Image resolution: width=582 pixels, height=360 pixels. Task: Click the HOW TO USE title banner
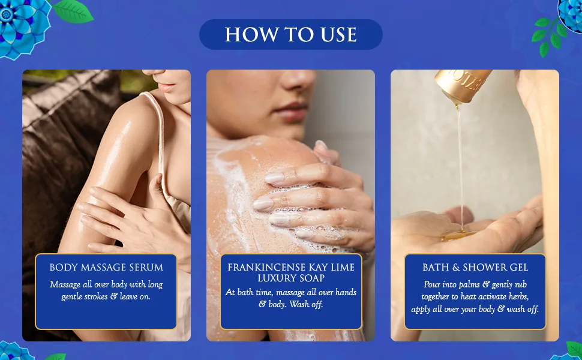point(290,35)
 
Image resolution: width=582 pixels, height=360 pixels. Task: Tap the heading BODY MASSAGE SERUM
point(106,267)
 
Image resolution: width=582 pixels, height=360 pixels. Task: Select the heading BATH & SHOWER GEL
point(475,267)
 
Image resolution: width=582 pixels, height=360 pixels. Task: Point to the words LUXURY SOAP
point(291,278)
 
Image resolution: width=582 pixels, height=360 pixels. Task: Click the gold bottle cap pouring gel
point(463,84)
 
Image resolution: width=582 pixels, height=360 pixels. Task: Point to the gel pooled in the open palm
point(457,235)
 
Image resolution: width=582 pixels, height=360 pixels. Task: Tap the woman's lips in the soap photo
point(292,110)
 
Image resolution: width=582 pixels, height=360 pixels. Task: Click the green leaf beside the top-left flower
point(73,12)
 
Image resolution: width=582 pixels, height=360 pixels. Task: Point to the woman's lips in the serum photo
point(167,87)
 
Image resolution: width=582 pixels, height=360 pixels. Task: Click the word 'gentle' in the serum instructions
point(70,297)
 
